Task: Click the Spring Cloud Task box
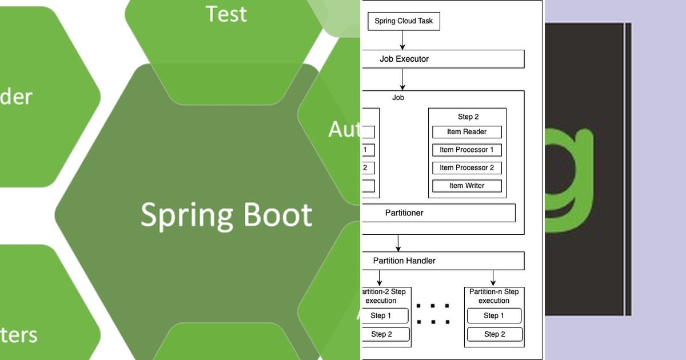click(x=404, y=21)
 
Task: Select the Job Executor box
click(x=442, y=59)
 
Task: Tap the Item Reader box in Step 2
click(x=466, y=132)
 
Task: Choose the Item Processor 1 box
click(x=466, y=150)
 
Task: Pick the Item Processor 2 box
click(x=466, y=167)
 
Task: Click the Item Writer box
click(x=466, y=186)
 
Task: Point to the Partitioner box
click(x=438, y=213)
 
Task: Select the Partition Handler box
click(x=442, y=261)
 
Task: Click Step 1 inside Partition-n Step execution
click(x=494, y=315)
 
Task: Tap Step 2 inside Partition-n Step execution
click(x=494, y=334)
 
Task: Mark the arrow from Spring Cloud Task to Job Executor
click(x=402, y=40)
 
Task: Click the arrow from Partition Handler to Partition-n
click(x=493, y=278)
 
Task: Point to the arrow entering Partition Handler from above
click(x=398, y=243)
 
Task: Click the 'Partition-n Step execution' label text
click(x=494, y=296)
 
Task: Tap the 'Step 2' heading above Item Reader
click(x=468, y=117)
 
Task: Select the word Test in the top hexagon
click(x=226, y=14)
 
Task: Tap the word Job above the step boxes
click(x=398, y=98)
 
